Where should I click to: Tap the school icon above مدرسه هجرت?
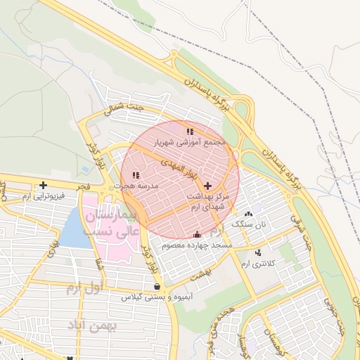136,174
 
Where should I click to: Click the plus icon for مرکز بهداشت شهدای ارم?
207,185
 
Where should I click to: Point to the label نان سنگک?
252,224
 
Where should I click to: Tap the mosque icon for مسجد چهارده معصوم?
197,234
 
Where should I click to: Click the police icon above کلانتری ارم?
259,252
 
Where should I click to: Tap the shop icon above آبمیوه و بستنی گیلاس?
157,287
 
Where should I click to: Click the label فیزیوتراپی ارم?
44,195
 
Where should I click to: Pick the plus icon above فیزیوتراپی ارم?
43,185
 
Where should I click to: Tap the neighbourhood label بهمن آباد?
92,326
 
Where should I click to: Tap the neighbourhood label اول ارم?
84,288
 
